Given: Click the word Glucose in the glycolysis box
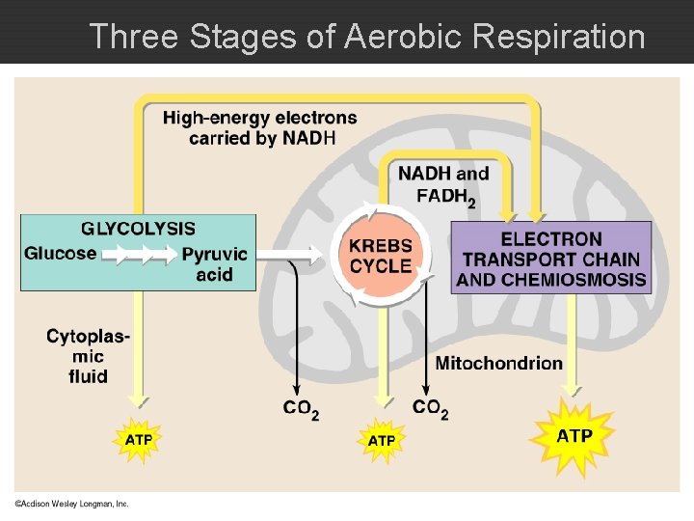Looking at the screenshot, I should tap(60, 254).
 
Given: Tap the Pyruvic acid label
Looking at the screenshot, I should tap(214, 264).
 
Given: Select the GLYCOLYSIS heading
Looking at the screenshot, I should tap(138, 229).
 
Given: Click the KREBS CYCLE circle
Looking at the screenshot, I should tap(380, 256).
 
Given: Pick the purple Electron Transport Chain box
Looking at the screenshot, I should tap(551, 258).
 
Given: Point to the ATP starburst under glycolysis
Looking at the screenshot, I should tap(139, 439).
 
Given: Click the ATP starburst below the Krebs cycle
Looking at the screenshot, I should tap(382, 440).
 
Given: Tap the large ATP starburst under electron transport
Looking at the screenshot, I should tap(574, 435).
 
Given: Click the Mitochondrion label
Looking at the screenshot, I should tap(499, 363).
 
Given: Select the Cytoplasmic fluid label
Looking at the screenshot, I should tap(88, 355).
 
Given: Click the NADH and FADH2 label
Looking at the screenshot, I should tap(444, 185).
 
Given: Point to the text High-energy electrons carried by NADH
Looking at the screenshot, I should tap(260, 127).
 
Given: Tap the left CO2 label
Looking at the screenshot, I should tap(301, 409).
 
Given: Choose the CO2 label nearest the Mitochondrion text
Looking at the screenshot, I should tap(430, 408).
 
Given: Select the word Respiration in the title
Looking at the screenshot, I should tap(559, 37).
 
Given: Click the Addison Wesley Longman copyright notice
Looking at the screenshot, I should tap(70, 504).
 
